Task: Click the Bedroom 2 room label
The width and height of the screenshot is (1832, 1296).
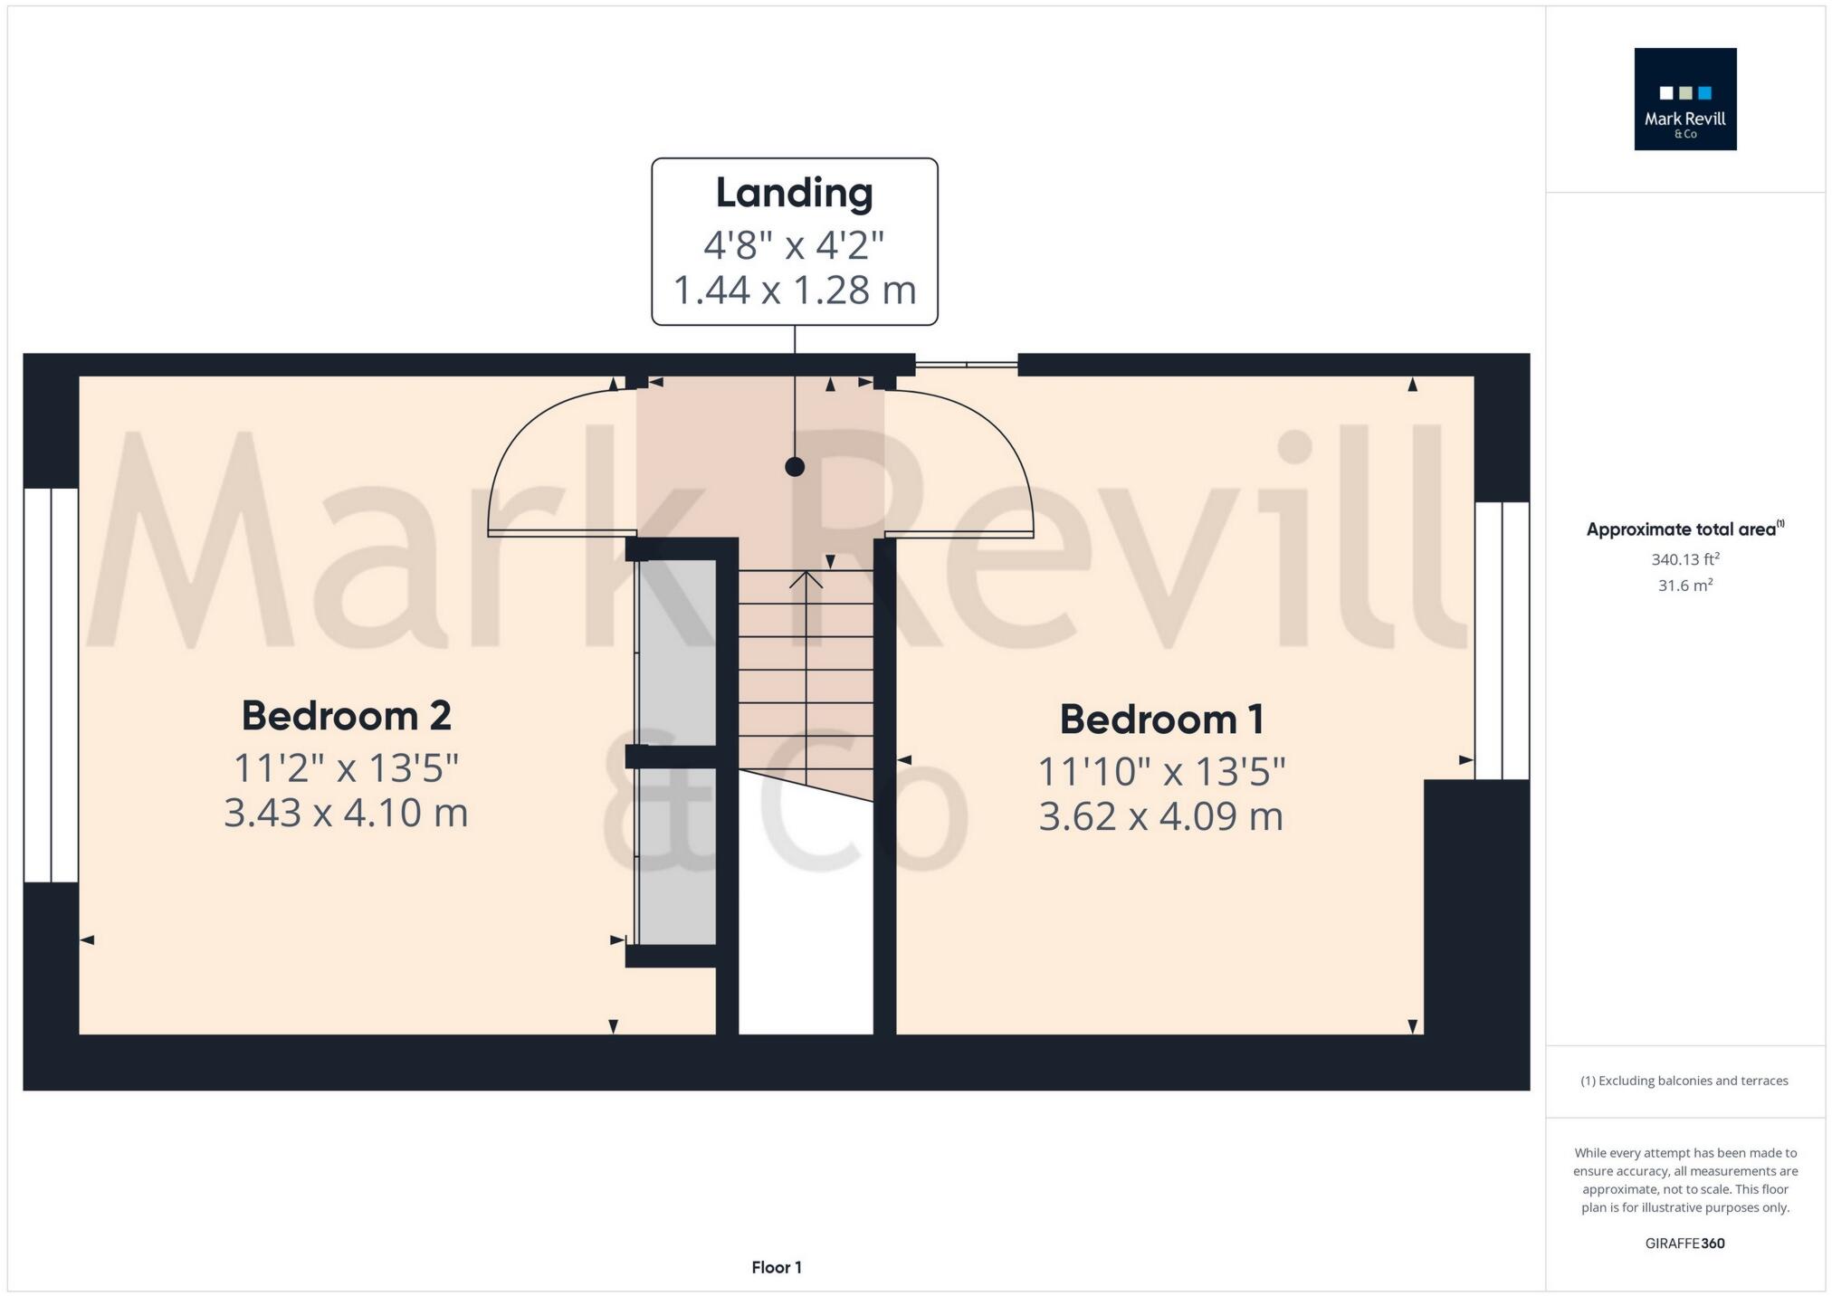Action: pos(346,716)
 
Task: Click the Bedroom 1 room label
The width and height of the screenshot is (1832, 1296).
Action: pos(1161,719)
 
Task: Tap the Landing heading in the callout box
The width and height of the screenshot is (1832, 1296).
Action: pos(794,193)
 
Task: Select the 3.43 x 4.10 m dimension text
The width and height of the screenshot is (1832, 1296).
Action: pos(346,812)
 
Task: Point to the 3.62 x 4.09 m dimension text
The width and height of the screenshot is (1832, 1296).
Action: pos(1161,815)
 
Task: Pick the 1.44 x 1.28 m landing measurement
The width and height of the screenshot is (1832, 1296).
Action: pos(794,290)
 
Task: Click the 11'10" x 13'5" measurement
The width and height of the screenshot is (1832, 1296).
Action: pos(1161,772)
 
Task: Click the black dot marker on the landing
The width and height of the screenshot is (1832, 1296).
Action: pos(795,467)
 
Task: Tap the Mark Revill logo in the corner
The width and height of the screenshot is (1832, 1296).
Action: pos(1684,100)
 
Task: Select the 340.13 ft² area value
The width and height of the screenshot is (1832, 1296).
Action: pos(1684,559)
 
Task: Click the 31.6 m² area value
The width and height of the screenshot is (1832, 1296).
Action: pos(1684,586)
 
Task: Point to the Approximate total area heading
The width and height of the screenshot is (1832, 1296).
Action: pos(1684,529)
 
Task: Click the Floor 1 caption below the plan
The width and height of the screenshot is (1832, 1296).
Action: pos(777,1267)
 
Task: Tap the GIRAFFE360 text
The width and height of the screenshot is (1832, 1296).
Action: pos(1684,1243)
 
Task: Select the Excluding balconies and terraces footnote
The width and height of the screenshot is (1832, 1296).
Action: pos(1684,1081)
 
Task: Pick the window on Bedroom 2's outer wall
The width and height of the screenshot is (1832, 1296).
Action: pos(51,685)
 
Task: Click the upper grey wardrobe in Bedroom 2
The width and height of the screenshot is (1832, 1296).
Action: pos(677,652)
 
